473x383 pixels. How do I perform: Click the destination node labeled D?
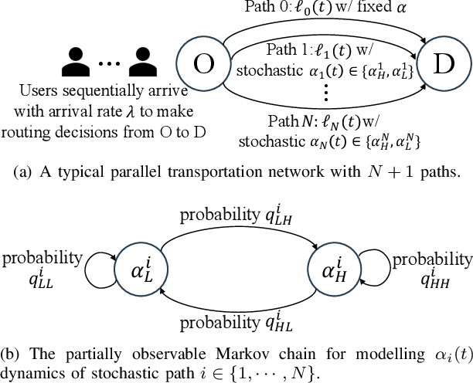pyautogui.click(x=442, y=64)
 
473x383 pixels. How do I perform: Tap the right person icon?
pyautogui.click(x=142, y=59)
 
